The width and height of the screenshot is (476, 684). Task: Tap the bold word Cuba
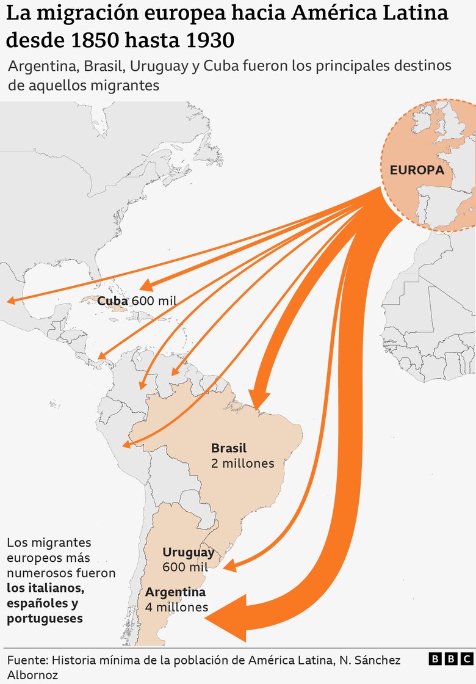pos(112,301)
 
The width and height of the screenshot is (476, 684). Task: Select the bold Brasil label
pos(229,448)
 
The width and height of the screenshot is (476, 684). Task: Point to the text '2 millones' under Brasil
pos(243,464)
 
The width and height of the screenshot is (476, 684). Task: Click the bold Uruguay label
pos(188,552)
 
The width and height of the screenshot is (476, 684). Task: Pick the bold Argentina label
pos(175,592)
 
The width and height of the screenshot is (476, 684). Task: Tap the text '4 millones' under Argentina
pos(177,608)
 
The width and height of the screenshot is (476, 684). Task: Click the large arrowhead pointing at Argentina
pos(228,617)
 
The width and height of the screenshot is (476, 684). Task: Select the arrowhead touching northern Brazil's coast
pos(260,401)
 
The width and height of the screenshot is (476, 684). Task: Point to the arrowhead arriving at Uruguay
pos(229,567)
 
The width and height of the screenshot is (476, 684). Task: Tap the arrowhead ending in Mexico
pos(11,300)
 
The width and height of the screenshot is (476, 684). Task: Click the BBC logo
pos(450,659)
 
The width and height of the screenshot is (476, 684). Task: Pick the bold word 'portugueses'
pos(45,619)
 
